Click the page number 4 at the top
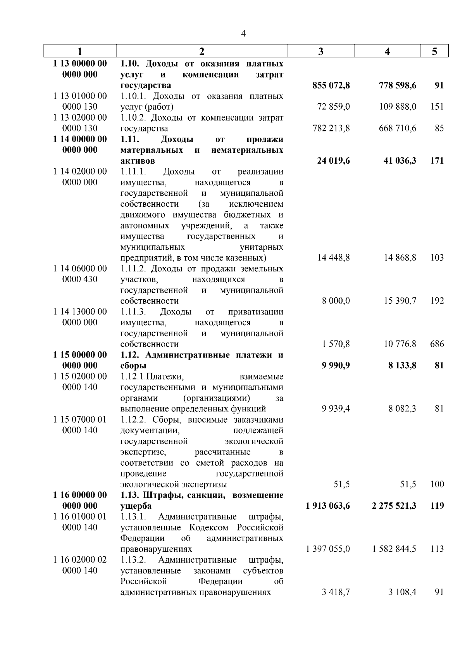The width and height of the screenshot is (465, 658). coord(243,34)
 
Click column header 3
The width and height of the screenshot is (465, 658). coord(321,51)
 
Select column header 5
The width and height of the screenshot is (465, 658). coord(434,51)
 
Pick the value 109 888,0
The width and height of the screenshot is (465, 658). coord(398,107)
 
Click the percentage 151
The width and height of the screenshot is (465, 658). coord(437,107)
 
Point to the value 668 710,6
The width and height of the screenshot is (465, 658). coord(398,128)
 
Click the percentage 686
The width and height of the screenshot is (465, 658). coord(437,344)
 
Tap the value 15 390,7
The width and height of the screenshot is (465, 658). coord(400,301)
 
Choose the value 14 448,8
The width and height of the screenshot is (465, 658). coord(333,258)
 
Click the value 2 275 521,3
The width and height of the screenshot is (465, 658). coord(394,506)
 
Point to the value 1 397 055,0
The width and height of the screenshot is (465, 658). coord(327,549)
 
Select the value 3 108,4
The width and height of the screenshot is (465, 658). coord(402,592)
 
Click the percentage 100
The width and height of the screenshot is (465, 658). coord(437,484)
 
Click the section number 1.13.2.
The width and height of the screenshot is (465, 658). coord(133,560)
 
